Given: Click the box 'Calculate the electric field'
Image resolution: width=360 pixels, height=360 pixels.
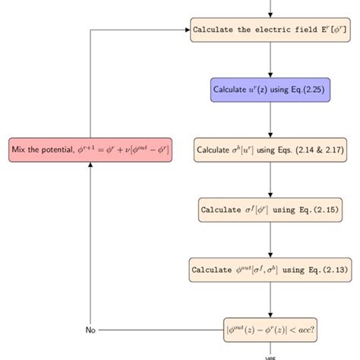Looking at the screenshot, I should point(270,30).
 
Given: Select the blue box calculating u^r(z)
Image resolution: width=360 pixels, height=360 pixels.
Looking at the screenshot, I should point(270,89).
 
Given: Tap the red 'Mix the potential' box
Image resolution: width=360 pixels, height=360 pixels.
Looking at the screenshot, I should point(90,150).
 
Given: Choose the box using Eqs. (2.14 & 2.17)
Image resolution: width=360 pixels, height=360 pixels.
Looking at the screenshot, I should point(270,149).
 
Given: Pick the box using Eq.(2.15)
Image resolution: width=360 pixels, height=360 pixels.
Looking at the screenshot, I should point(270,209).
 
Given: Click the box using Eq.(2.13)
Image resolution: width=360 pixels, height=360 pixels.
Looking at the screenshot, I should point(270,269).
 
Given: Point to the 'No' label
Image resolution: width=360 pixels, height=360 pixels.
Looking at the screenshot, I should point(90,330).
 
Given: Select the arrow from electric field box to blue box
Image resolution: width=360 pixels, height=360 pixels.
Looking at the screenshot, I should point(270,59).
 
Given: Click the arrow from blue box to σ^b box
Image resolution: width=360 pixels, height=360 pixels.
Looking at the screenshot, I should point(270,119).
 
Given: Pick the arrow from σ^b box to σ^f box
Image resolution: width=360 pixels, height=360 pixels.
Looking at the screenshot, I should point(270,179).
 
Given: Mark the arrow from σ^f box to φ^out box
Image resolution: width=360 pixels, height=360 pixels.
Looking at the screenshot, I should point(270,239).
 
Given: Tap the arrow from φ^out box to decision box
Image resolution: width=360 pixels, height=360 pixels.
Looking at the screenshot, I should point(270,299).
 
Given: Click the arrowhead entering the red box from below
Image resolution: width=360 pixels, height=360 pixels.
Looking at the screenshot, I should point(90,166).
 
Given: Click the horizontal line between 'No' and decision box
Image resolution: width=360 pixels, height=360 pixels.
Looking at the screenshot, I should point(159,330).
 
